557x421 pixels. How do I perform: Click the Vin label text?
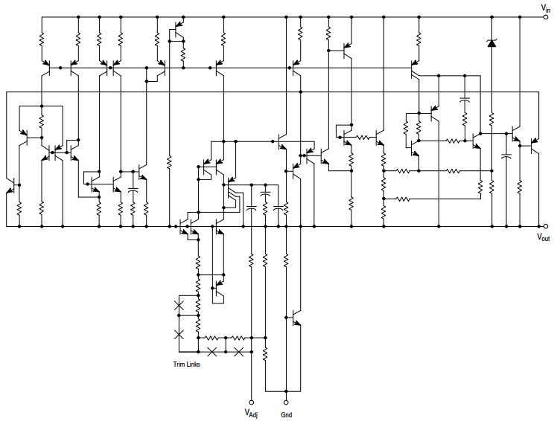point(546,7)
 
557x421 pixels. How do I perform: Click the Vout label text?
point(544,237)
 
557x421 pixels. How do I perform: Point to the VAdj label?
point(250,413)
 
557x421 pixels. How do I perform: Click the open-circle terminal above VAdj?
point(251,399)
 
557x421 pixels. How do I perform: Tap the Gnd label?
point(286,413)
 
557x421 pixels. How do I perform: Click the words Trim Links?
point(186,364)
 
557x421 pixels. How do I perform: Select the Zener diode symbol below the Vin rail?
point(491,43)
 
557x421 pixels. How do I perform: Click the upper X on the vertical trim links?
point(178,306)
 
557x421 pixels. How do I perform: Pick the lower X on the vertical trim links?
point(178,334)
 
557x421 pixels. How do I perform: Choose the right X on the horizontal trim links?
point(239,351)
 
